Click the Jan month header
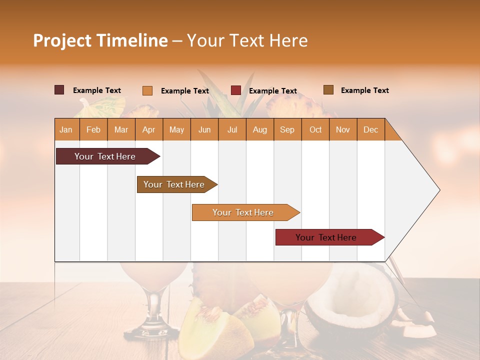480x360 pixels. point(66,129)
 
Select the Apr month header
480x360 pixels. point(148,129)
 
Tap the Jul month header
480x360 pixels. point(232,129)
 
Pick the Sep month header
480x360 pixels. point(287,129)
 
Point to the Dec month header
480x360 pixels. point(370,129)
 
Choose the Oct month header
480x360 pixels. point(315,129)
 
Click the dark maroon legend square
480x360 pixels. point(59,90)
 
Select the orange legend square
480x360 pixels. point(147,90)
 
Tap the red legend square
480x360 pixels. point(235,90)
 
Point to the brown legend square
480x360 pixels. point(328,90)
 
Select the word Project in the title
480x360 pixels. point(62,40)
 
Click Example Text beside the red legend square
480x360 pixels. point(272,91)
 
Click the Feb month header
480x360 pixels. point(93,129)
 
